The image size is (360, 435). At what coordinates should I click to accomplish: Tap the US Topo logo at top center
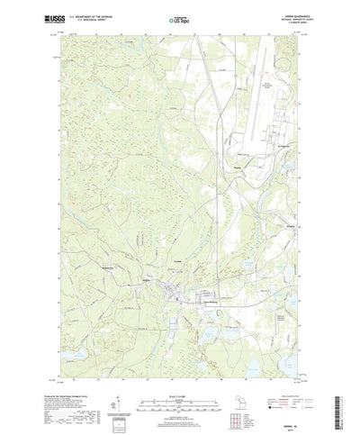pos(179,17)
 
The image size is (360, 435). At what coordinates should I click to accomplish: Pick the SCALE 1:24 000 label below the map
pos(179,369)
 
